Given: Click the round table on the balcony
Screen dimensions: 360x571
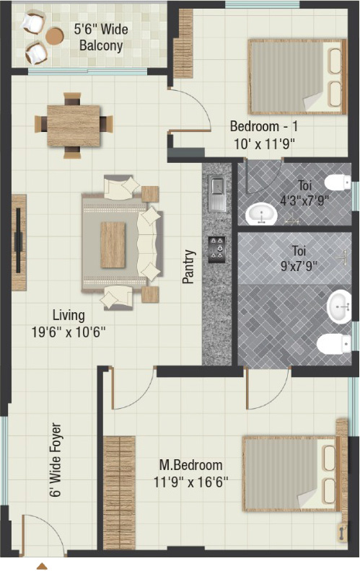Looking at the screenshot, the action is pos(55,36).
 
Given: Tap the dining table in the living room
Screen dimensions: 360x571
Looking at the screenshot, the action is pos(74,125).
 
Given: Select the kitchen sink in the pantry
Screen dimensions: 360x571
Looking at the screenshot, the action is pos(217,193).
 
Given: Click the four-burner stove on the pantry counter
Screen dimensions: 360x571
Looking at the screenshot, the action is pos(216,249).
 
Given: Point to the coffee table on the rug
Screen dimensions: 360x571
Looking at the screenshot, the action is pos(113,244).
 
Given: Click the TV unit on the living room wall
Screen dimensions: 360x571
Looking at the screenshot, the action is pos(19,242).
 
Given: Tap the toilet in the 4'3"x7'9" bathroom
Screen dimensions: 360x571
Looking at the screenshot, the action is pos(338,182).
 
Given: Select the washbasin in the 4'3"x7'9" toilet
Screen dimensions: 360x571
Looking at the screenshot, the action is pos(261,213).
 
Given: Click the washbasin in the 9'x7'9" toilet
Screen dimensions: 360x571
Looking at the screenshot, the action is pos(339,306).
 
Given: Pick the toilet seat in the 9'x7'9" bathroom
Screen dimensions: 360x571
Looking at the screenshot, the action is pos(334,344).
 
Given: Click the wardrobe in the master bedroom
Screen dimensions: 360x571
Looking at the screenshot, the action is pos(119,492).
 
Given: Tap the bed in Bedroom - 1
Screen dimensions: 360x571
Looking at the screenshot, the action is pos(297,76).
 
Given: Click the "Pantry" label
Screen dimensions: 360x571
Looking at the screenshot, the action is pos(189,267).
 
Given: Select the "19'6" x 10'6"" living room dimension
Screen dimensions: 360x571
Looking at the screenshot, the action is pos(69,332).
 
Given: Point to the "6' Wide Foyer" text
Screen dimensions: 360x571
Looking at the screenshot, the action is pos(56,459).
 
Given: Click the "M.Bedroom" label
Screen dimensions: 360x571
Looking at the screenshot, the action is pos(191,465).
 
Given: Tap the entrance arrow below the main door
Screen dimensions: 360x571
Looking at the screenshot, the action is pos(42,566).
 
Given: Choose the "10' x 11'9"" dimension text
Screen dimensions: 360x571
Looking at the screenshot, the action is pos(264,144).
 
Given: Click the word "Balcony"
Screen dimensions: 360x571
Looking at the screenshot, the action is pos(101,46).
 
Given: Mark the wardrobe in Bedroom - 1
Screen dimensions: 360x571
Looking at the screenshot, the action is pos(183,44).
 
